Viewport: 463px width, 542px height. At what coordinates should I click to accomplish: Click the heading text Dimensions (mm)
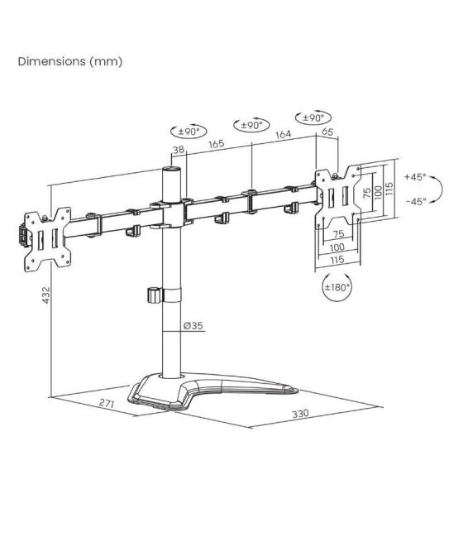[70, 62]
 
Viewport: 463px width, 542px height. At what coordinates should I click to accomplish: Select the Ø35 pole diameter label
[193, 326]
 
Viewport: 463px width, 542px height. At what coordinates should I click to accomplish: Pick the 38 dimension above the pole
[178, 150]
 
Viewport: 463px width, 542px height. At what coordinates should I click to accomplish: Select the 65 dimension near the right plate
[327, 132]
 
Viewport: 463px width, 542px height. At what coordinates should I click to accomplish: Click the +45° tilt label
[414, 177]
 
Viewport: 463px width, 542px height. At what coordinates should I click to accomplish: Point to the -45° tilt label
[414, 201]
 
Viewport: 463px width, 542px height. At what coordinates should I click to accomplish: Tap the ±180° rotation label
[338, 287]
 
